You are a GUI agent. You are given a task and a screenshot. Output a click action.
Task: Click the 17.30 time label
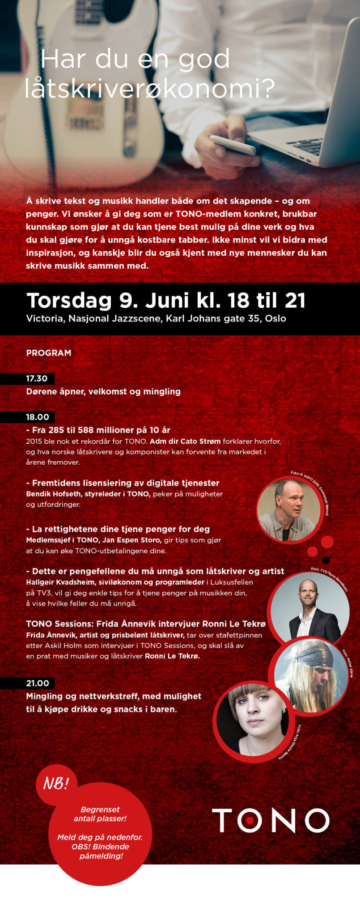click(36, 378)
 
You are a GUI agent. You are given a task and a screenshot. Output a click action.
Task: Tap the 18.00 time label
click(37, 417)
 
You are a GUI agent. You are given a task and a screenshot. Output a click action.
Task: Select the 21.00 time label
click(37, 683)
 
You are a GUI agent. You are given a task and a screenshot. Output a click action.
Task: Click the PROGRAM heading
click(48, 352)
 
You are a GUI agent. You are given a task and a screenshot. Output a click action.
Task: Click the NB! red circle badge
click(56, 783)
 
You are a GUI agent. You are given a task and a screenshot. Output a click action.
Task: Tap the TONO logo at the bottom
click(270, 820)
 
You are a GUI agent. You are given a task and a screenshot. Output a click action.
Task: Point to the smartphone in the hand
click(233, 144)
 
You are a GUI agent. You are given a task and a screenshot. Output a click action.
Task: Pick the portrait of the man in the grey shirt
click(289, 510)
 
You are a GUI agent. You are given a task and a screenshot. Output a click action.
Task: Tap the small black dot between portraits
click(326, 560)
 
